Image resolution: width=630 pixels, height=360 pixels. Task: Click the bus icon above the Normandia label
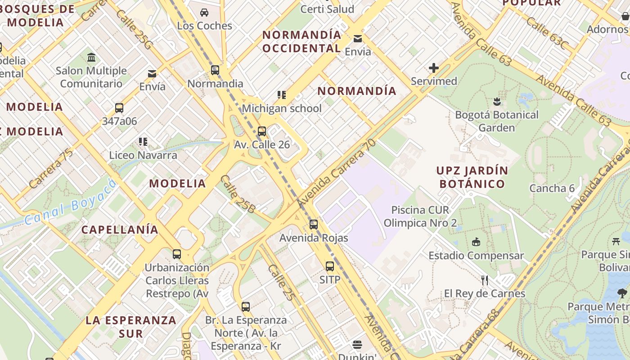tap(215, 70)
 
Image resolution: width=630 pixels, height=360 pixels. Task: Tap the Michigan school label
tap(282, 108)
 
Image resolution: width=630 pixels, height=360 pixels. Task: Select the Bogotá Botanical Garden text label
tap(497, 121)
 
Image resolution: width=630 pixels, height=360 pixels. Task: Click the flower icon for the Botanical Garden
tap(497, 101)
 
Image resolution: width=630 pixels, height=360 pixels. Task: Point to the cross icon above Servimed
tap(434, 68)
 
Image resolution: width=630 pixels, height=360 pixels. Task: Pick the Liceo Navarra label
tap(143, 155)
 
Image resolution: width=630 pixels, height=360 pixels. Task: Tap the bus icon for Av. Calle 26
tap(262, 131)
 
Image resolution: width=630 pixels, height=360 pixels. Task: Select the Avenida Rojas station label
tap(314, 238)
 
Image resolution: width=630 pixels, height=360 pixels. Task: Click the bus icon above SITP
tap(330, 266)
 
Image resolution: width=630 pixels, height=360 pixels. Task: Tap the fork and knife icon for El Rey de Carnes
tap(485, 280)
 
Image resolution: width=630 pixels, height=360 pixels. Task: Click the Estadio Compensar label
tap(476, 256)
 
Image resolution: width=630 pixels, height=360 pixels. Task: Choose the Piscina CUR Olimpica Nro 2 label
tap(420, 216)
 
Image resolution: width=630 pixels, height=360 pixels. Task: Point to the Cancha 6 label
tap(552, 188)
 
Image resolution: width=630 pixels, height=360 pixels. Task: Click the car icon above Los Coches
tap(204, 12)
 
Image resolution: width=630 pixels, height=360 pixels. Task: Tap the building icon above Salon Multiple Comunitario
tap(92, 57)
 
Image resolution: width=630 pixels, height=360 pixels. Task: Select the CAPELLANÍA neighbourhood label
tap(120, 229)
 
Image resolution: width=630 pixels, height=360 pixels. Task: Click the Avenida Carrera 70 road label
tap(337, 173)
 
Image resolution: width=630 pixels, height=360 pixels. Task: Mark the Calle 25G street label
tap(134, 30)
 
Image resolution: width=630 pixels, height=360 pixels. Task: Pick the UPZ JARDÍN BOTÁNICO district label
tap(472, 177)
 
